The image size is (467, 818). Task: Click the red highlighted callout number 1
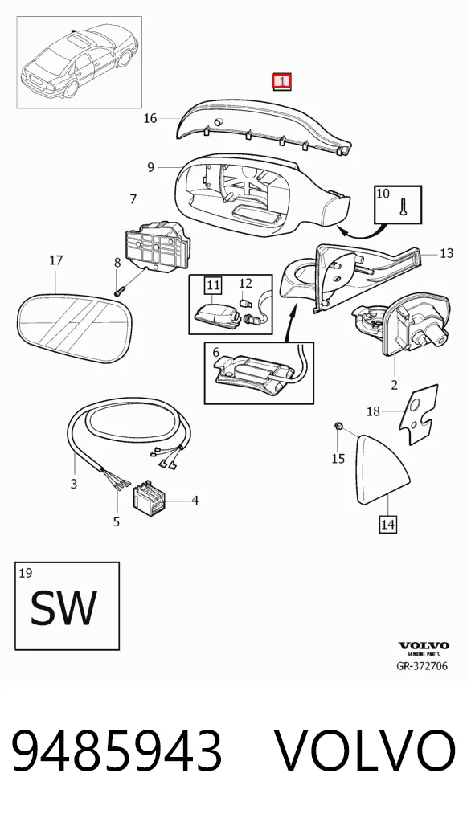pyautogui.click(x=282, y=81)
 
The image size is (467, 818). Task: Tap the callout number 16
pyautogui.click(x=150, y=118)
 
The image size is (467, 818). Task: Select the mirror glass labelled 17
pyautogui.click(x=74, y=326)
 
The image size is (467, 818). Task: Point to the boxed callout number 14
pyautogui.click(x=387, y=524)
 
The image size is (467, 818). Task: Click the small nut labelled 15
pyautogui.click(x=338, y=427)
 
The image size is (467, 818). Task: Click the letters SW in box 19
pyautogui.click(x=63, y=608)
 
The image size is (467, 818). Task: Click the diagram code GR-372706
pyautogui.click(x=422, y=665)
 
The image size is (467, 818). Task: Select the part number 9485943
pyautogui.click(x=117, y=751)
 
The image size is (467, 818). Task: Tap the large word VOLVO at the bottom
pyautogui.click(x=365, y=751)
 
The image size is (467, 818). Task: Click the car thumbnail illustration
pyautogui.click(x=80, y=62)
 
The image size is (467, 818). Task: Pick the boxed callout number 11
pyautogui.click(x=213, y=284)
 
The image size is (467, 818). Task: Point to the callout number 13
pyautogui.click(x=447, y=254)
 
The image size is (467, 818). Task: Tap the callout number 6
pyautogui.click(x=215, y=354)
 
